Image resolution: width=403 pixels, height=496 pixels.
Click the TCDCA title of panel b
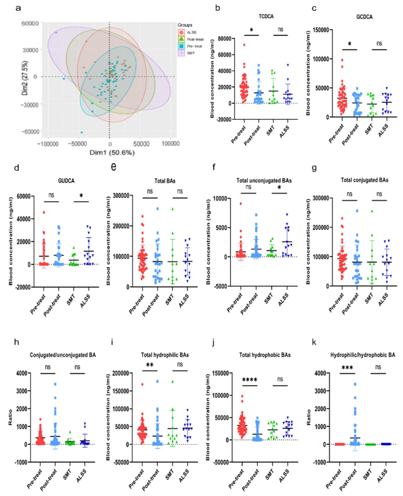coord(266,16)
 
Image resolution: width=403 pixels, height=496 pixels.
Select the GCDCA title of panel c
coord(364,17)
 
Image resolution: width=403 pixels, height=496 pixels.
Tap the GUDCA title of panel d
coord(66,181)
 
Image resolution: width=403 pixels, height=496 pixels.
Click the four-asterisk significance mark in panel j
coord(250,380)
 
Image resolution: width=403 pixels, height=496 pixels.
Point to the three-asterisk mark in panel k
coord(347,368)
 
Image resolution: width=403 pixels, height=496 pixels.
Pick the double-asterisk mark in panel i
coord(150,365)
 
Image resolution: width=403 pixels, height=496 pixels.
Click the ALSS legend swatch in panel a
coord(181,32)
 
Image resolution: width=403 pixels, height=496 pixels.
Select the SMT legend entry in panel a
coord(191,53)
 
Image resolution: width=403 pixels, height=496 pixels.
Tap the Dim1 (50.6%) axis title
coord(112,153)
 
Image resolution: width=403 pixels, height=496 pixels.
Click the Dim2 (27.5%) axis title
coord(25,78)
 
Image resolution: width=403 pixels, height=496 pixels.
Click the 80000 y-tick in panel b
coord(224,38)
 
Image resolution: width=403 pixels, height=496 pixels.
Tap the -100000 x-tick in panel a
coord(48,144)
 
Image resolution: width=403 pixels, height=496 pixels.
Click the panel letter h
coord(16,342)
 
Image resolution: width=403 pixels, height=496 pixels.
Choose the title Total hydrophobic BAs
coord(265,355)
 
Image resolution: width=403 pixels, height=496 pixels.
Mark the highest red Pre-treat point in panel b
coord(244,45)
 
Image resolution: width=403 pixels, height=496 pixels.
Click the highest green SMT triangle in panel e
coord(172,209)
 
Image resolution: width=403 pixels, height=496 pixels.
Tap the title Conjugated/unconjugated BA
coord(63,355)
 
